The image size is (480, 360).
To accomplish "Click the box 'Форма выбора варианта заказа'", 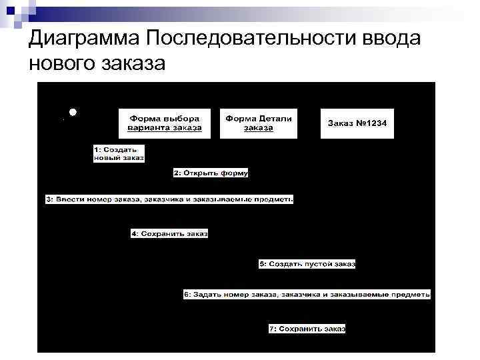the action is (165, 123).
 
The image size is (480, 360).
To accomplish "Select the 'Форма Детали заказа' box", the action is (258, 123).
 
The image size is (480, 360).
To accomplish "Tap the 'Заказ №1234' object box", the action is (357, 123).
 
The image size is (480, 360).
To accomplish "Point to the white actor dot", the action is (72, 112).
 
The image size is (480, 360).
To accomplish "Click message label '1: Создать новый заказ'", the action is (118, 153).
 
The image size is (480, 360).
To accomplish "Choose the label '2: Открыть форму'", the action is (211, 173).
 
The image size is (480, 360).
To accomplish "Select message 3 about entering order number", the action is (169, 199).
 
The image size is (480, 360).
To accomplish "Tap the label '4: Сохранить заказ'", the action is (169, 233).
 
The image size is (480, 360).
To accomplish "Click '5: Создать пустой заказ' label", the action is (307, 264).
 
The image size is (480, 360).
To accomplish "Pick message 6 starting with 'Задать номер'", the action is (307, 294).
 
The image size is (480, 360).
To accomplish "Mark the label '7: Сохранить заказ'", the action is (307, 329).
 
